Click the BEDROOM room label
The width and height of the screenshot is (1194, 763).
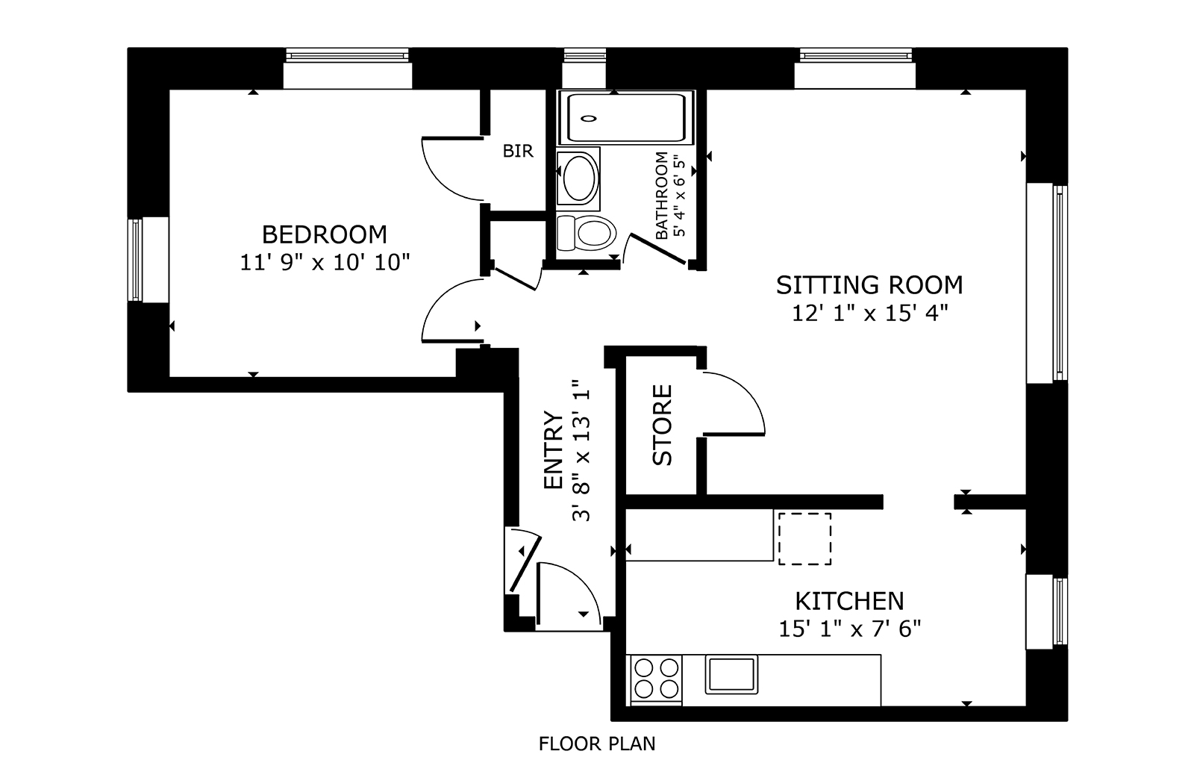(324, 234)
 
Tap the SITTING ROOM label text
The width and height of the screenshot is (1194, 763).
(869, 285)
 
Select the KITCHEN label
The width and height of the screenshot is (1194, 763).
(850, 602)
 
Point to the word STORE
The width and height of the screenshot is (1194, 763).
(663, 425)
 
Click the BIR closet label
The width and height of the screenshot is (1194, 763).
(518, 152)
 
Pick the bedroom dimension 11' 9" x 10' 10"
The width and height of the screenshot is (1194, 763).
(325, 262)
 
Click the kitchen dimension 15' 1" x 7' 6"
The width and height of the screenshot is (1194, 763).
(850, 629)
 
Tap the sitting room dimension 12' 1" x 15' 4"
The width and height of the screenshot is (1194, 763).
(869, 313)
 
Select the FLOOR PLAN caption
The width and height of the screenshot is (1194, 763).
(597, 744)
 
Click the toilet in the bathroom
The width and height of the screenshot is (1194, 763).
(586, 233)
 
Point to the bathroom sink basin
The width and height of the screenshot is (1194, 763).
(579, 178)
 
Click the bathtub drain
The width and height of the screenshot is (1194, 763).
(589, 119)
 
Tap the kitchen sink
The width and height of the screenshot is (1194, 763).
(731, 674)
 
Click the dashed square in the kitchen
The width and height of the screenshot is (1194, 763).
(805, 538)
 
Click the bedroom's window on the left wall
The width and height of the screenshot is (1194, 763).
(137, 260)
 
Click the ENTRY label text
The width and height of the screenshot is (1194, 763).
(553, 450)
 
